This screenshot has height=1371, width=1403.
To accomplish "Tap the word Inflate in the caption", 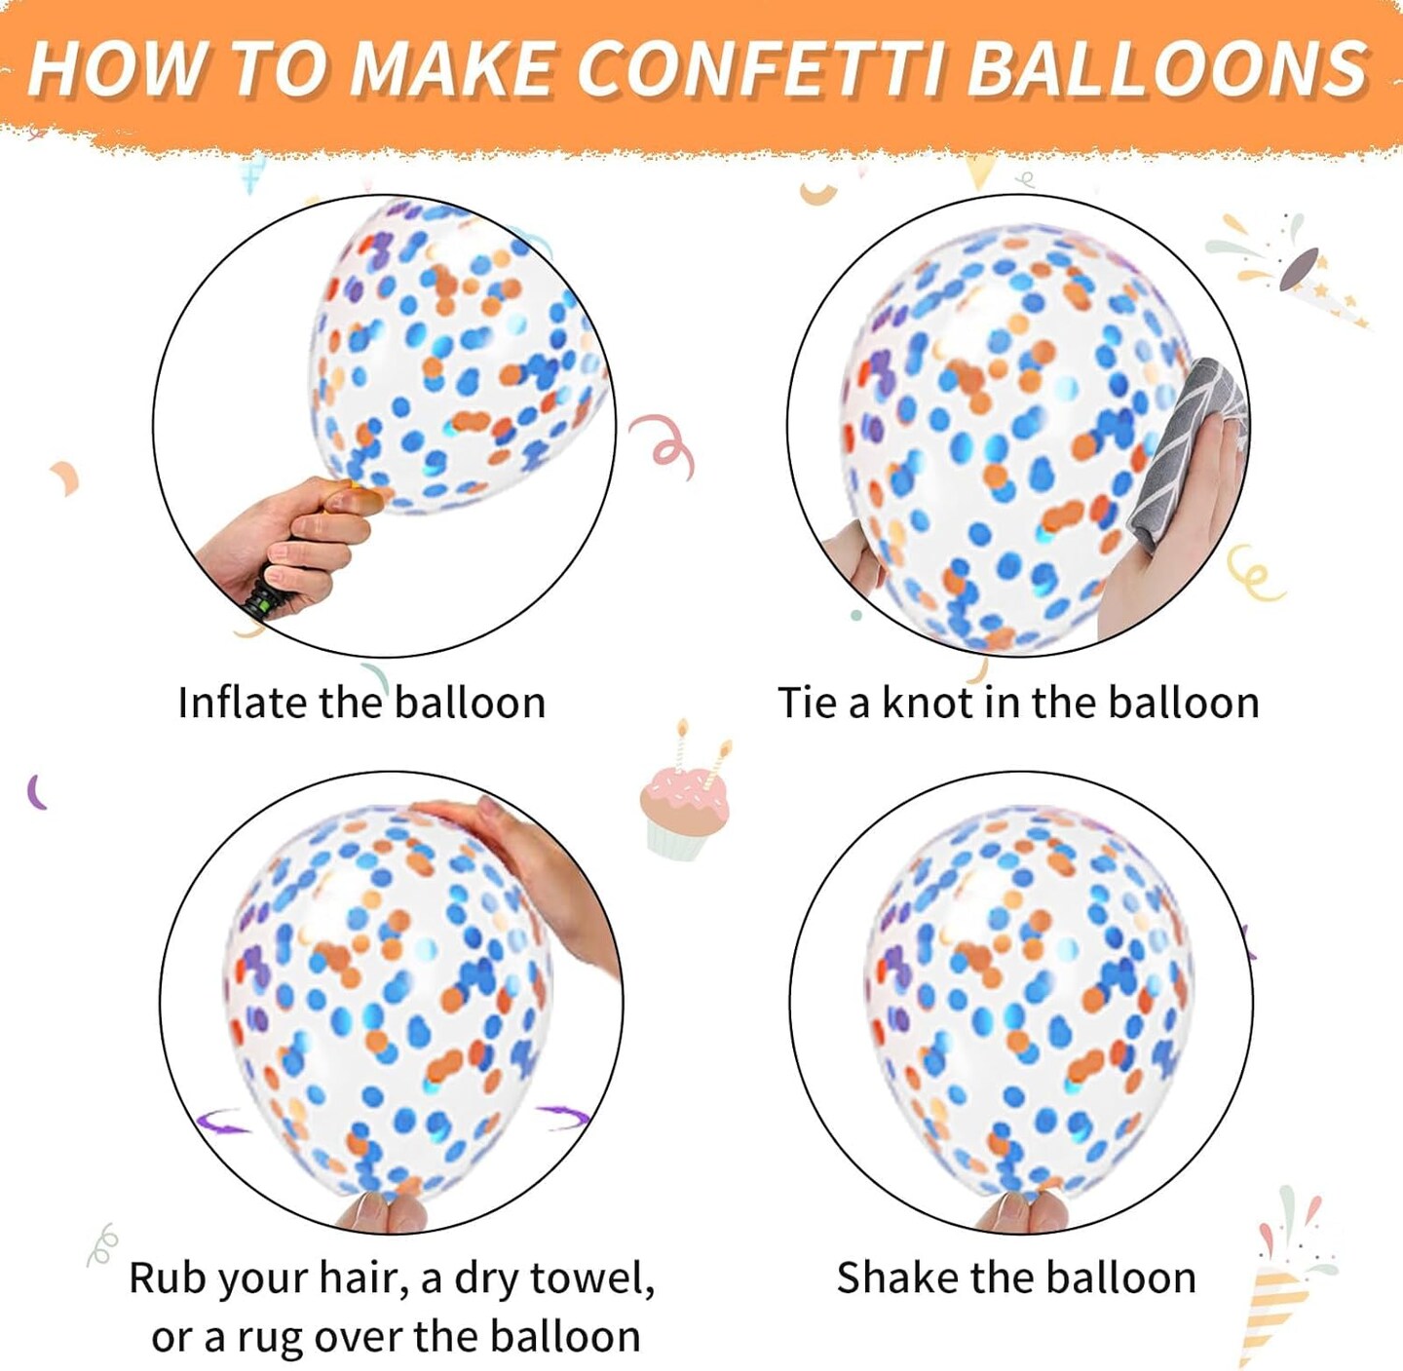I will pyautogui.click(x=243, y=703).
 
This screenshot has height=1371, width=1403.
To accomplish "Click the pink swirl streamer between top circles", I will pyautogui.click(x=664, y=443).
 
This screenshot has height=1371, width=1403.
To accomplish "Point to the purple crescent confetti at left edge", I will pyautogui.click(x=37, y=791).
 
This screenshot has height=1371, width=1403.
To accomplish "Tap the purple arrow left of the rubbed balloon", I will pyautogui.click(x=222, y=1123).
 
